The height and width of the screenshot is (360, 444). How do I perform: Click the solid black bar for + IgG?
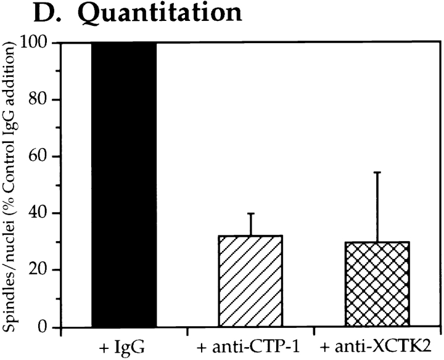123,185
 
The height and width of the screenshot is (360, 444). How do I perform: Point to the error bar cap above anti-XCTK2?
376,172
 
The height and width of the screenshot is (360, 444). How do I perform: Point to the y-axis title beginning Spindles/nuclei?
12,185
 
